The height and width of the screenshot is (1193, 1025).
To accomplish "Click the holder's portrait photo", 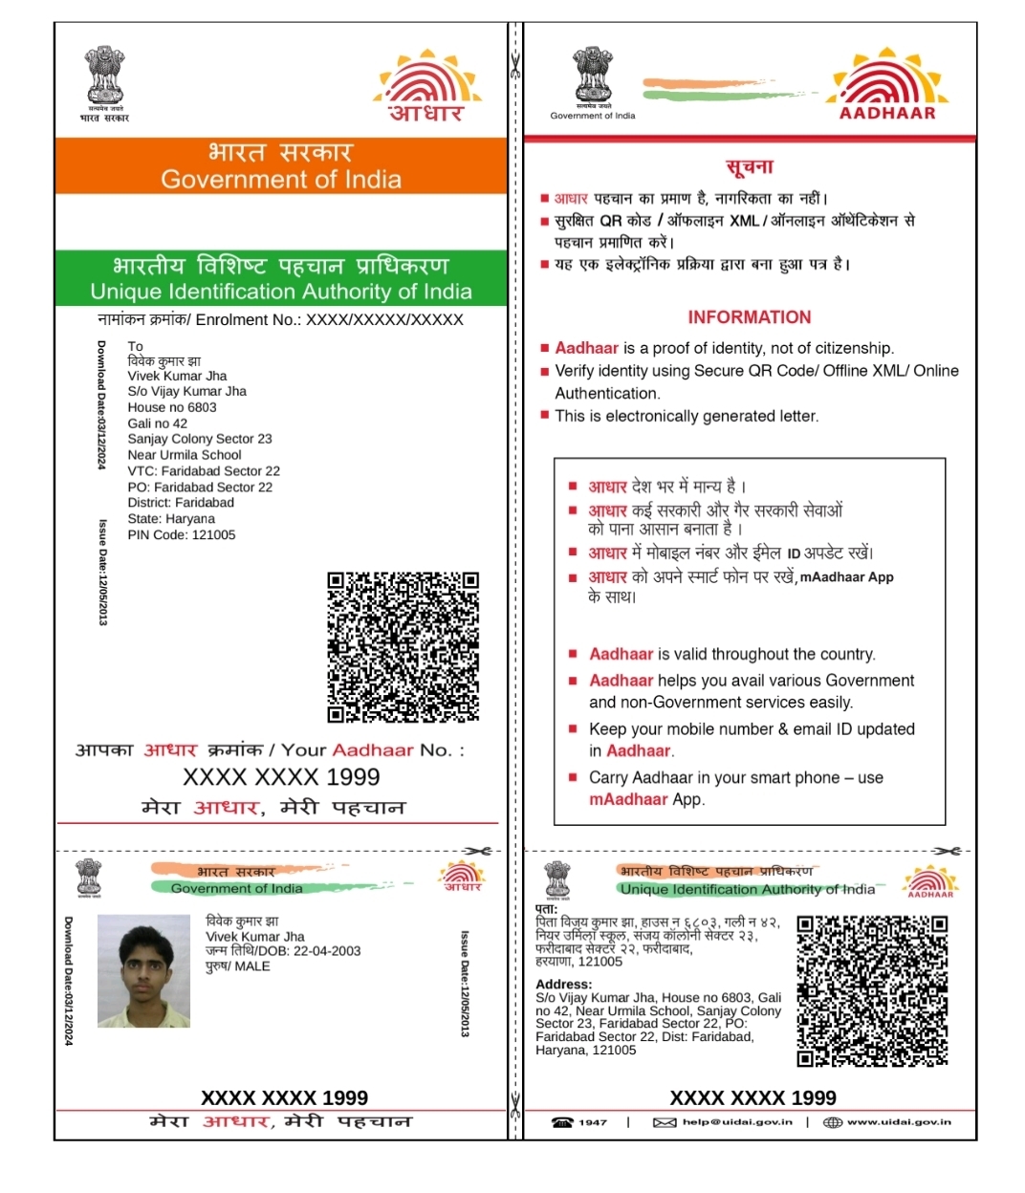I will point(144,970).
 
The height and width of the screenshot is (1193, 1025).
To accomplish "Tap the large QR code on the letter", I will point(403,647).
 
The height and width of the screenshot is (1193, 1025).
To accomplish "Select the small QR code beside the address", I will point(872,990).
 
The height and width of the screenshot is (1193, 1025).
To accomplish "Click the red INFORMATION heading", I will point(749,317).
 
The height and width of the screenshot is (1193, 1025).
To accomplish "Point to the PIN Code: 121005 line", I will point(182,535).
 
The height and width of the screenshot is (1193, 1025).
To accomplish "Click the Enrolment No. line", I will point(280,320).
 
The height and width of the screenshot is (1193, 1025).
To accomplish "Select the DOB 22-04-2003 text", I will point(283,951).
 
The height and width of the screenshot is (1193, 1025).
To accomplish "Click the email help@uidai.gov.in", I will point(736,1122).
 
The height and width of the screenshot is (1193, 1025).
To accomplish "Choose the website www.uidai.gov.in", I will point(898,1122).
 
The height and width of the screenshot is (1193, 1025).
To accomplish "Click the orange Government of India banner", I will point(280,166).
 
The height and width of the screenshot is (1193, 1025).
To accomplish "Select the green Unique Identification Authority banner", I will point(280,278).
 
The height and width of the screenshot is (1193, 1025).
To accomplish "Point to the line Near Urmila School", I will point(185,455).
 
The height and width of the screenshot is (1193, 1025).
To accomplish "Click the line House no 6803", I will point(172,407).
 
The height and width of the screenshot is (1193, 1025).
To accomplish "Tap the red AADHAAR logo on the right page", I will point(887,86).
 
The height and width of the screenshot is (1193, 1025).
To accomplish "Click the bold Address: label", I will point(563,984).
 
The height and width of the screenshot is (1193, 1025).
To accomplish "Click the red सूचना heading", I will point(749,167).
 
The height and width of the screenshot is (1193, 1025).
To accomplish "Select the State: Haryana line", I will point(171,519).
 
